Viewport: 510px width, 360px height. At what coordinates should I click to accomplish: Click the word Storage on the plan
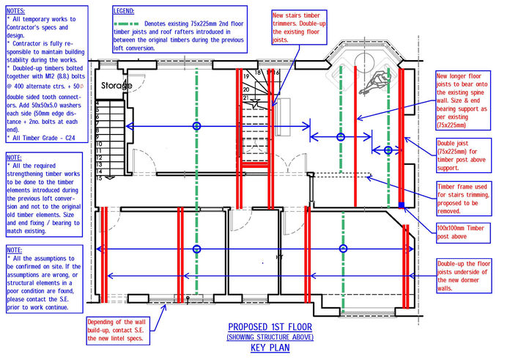(x=117, y=86)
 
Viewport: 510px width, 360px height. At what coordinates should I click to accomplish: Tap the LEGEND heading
(x=129, y=12)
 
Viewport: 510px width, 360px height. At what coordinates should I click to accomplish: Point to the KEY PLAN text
(x=270, y=348)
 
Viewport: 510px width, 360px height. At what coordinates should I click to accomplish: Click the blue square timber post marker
(x=401, y=205)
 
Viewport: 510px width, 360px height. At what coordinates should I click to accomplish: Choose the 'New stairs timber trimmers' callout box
(x=299, y=27)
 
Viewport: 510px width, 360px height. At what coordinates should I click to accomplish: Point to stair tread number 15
(x=98, y=178)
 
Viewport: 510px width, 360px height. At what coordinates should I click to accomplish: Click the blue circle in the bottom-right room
(x=341, y=249)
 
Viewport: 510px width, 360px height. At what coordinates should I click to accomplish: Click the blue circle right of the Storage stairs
(x=196, y=127)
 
